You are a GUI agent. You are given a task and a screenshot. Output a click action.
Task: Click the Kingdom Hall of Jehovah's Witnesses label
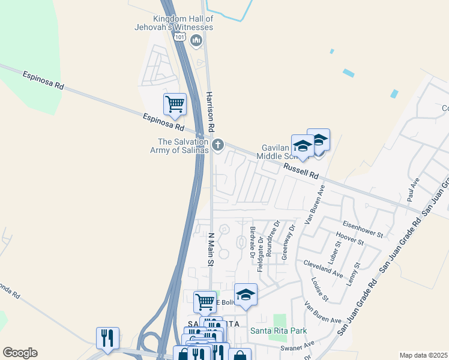point(175,23)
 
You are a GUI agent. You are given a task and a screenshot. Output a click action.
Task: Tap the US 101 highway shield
point(179,36)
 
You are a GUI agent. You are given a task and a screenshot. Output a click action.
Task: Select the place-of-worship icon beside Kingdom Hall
point(196,41)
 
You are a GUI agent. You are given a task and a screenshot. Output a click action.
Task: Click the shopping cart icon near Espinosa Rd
point(175,104)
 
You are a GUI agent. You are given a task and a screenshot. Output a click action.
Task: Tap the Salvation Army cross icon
point(218,145)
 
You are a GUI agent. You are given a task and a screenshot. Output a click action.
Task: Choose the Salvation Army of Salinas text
point(179,146)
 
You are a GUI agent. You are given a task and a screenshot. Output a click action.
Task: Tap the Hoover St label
point(351,239)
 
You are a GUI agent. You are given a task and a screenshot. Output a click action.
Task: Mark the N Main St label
point(211,250)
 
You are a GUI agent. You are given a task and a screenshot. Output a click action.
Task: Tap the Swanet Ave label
point(301,347)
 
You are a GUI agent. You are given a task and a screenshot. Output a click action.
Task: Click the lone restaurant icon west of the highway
point(107,338)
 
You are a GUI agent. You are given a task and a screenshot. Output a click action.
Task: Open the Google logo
point(20,353)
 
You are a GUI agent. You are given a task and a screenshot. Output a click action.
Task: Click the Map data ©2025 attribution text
point(423,355)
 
